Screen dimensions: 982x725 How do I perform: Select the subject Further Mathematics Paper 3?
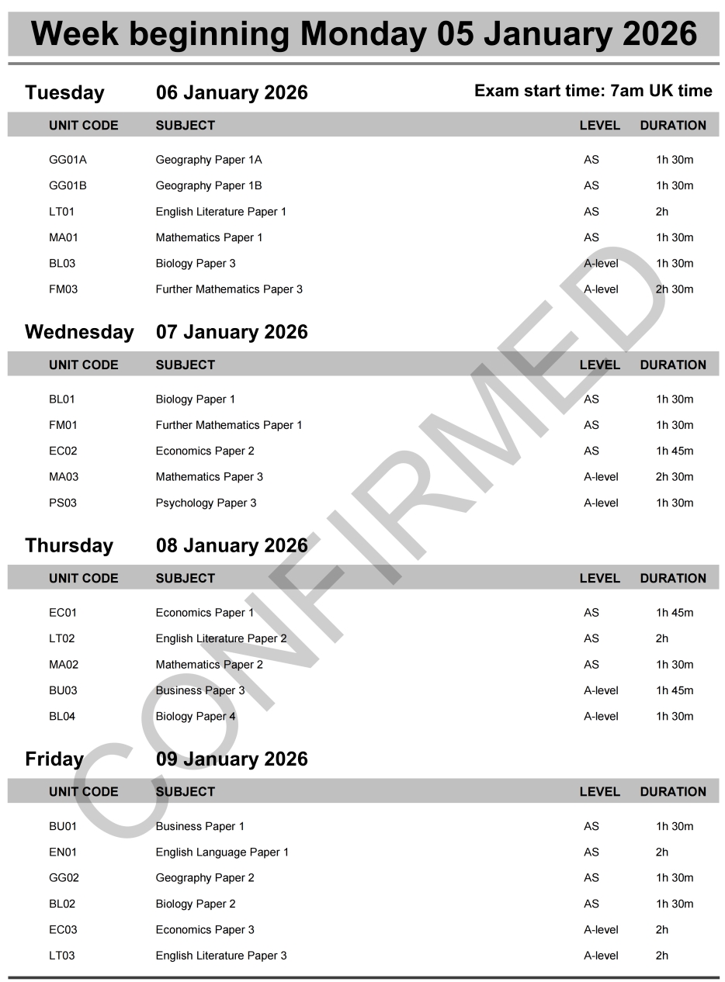(x=229, y=289)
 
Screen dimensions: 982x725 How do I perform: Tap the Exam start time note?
(x=593, y=92)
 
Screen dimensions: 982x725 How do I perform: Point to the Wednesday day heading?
(x=79, y=332)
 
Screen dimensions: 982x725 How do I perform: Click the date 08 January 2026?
(x=231, y=545)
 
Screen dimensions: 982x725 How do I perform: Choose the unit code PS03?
(x=63, y=503)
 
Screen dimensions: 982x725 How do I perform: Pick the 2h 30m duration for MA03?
(x=674, y=477)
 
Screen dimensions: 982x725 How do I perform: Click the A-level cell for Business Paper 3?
(x=601, y=690)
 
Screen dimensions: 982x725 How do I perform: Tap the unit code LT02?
(x=62, y=638)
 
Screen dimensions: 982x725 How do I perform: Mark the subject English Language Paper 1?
(x=222, y=852)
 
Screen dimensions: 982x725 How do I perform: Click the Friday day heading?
(x=54, y=759)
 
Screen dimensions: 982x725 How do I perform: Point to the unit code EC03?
(x=63, y=929)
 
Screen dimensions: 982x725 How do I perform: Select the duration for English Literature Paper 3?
(x=661, y=956)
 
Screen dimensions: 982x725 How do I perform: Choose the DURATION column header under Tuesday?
(x=673, y=125)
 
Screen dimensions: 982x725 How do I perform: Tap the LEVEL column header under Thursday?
(x=599, y=578)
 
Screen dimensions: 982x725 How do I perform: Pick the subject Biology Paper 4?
(x=196, y=716)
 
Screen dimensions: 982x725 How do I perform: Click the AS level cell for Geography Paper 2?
(x=591, y=878)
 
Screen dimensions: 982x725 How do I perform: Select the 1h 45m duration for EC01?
(x=674, y=613)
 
